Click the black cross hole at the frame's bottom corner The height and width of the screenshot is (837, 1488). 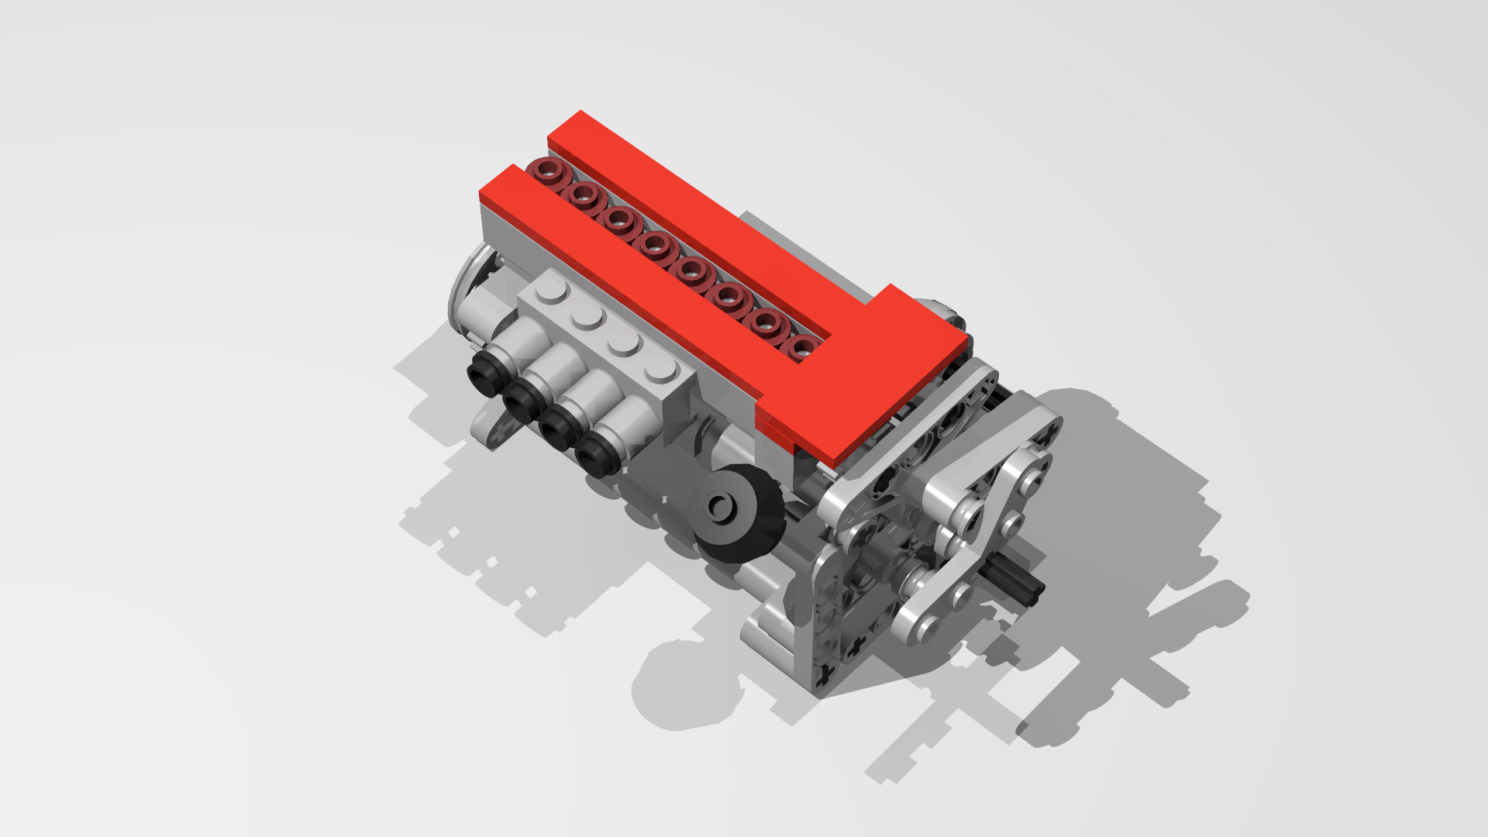point(828,675)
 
